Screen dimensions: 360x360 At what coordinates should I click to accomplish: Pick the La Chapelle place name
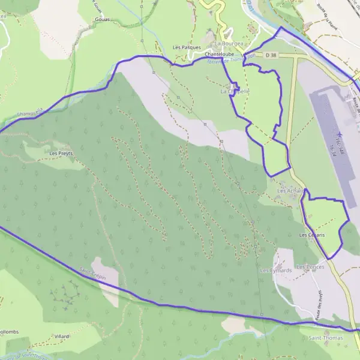[x=235, y=91]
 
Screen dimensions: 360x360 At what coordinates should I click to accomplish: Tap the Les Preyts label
[x=61, y=153]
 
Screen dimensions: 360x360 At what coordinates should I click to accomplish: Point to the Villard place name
[x=62, y=337]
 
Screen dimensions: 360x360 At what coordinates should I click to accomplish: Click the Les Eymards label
[x=276, y=271]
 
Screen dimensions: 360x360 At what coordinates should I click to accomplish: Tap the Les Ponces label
[x=311, y=266]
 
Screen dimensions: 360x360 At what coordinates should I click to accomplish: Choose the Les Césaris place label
[x=312, y=235]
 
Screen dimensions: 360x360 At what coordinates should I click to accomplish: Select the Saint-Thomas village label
[x=326, y=338]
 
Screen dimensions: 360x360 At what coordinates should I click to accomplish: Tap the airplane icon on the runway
[x=340, y=134]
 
